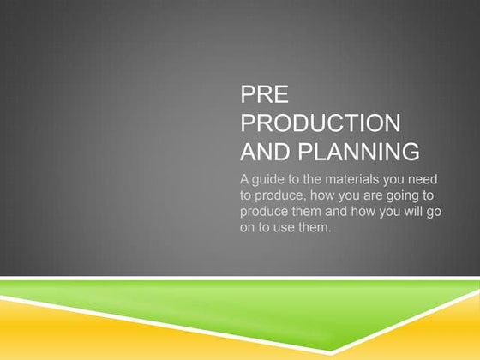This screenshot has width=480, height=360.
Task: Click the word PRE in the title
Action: [x=260, y=95]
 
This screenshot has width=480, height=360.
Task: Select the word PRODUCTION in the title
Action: [x=320, y=124]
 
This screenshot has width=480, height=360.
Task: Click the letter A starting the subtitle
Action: [x=245, y=180]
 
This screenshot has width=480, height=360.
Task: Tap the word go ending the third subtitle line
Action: [x=432, y=212]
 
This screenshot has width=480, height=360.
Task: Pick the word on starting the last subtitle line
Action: [x=249, y=227]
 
